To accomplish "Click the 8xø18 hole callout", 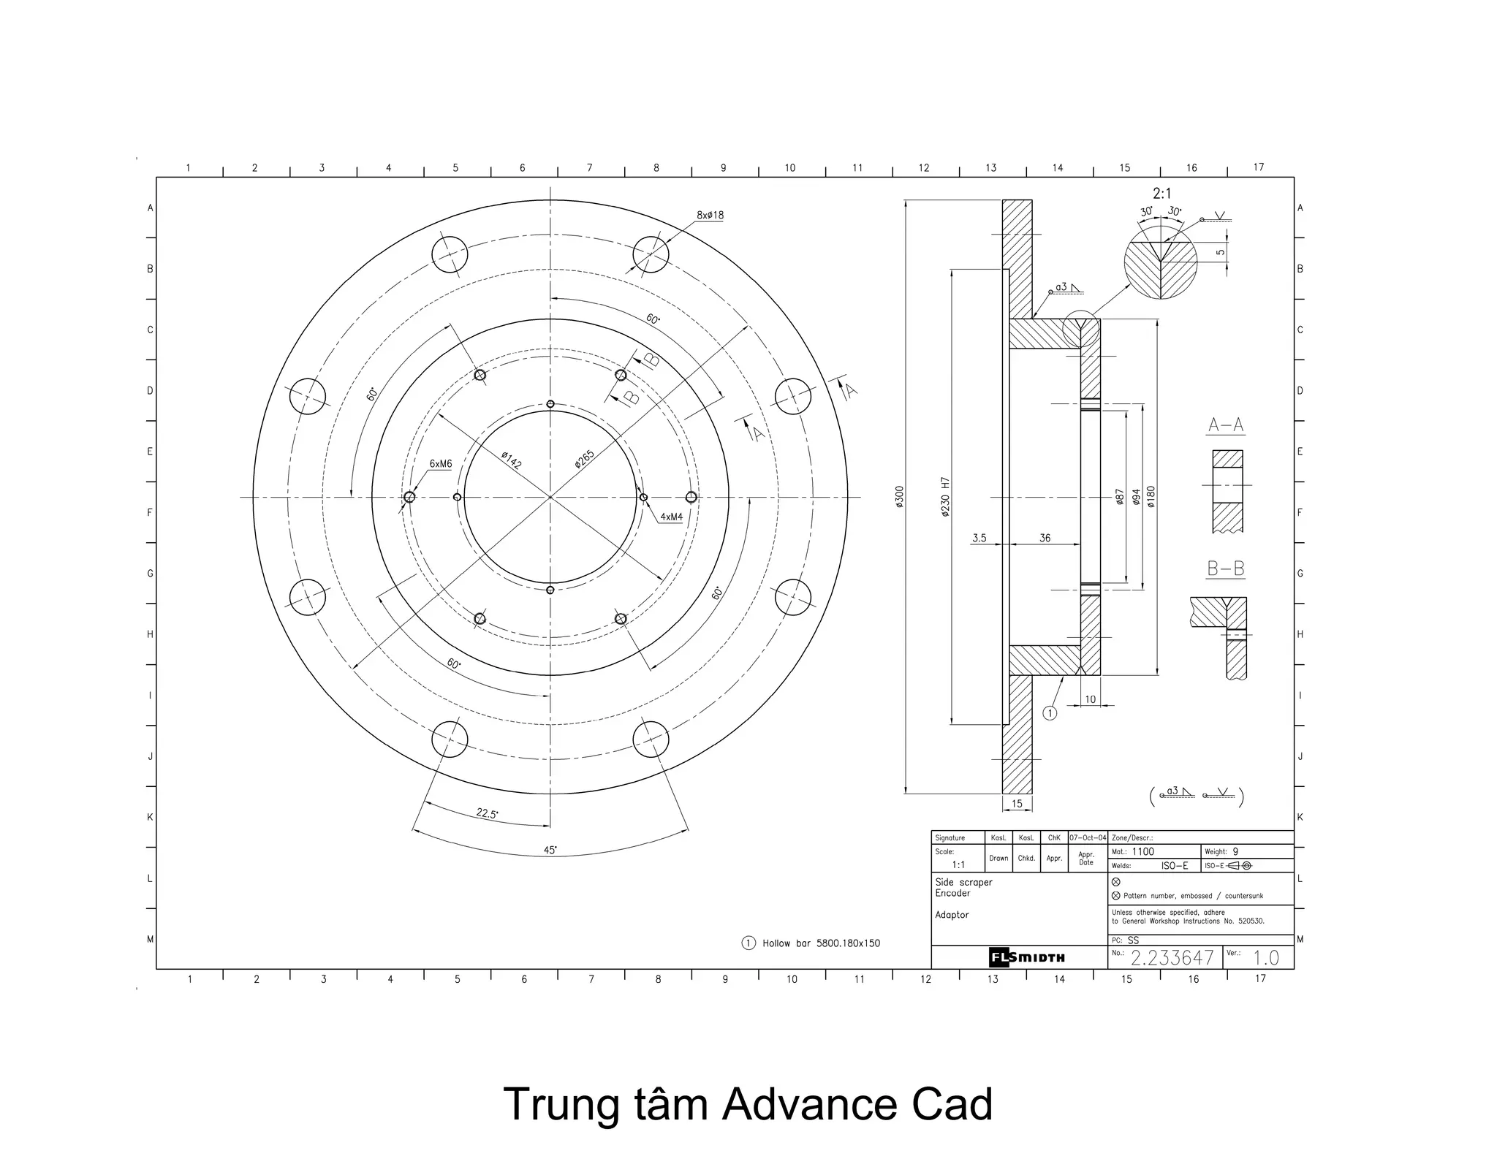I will tap(710, 215).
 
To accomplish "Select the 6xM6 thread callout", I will tap(440, 464).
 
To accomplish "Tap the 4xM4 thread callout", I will tap(671, 517).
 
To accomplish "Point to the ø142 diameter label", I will tap(511, 460).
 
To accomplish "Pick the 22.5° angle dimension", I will tap(487, 813).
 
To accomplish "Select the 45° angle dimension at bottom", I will tap(550, 850).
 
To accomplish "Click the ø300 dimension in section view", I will tap(899, 496).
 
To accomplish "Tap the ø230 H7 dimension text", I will tap(944, 497).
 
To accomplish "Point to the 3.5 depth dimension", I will tap(979, 538).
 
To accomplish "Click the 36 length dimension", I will tap(1045, 538).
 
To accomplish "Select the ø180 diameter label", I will tap(1151, 497).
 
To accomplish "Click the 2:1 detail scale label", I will tap(1161, 194).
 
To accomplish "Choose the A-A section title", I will tap(1226, 425).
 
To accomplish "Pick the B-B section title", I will tap(1226, 569).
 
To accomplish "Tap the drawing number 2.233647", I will tap(1172, 957).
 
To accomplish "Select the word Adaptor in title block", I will tap(952, 915).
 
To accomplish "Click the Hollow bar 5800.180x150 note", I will tap(820, 943).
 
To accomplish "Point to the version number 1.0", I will tap(1266, 957).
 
